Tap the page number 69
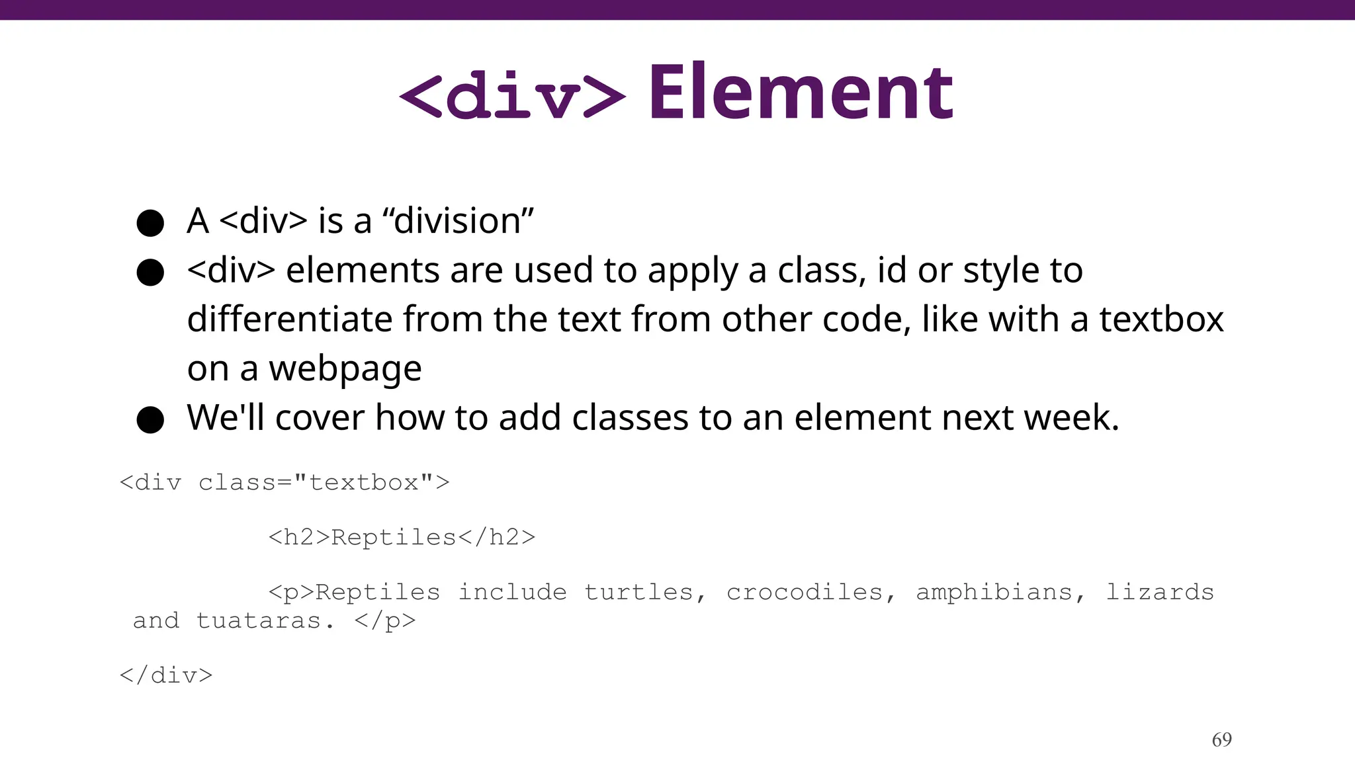point(1221,740)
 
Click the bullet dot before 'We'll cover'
point(150,419)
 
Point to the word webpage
point(345,368)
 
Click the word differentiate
point(290,319)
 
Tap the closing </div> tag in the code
point(166,675)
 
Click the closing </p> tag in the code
point(385,620)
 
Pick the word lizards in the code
point(1160,592)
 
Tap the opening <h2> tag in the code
point(299,537)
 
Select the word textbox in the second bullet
point(1161,319)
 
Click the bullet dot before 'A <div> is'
point(150,223)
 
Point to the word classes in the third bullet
point(630,417)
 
